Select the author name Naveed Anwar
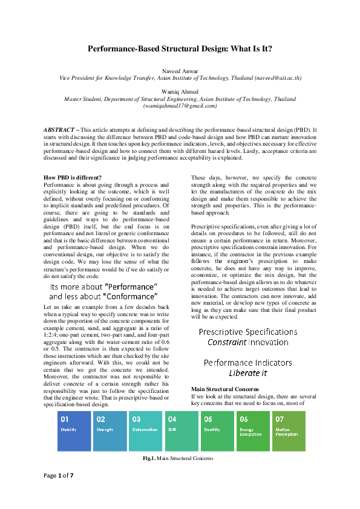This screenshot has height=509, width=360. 180,71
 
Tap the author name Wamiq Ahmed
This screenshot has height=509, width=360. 180,92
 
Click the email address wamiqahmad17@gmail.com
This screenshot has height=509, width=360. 180,106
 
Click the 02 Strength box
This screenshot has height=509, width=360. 110,431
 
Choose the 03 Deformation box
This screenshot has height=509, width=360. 145,431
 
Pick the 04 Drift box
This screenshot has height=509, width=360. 181,431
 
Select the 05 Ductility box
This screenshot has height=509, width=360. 217,431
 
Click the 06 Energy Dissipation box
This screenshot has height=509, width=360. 252,431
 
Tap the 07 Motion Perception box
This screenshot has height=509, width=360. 289,431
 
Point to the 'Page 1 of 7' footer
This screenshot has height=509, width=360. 58,492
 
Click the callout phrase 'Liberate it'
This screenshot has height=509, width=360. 247,373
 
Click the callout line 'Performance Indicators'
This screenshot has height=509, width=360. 247,363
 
